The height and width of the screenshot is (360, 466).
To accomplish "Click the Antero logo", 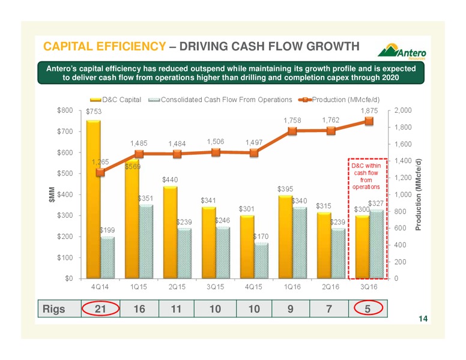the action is pyautogui.click(x=402, y=52).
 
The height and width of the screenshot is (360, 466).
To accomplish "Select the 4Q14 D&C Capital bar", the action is pyautogui.click(x=93, y=199).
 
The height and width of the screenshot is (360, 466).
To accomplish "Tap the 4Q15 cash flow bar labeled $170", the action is pyautogui.click(x=261, y=260).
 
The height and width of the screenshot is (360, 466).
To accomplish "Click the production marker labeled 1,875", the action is pyautogui.click(x=369, y=121).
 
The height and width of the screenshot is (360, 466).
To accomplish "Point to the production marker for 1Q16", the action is pyautogui.click(x=292, y=131).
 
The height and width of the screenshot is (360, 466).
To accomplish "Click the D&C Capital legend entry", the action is pyautogui.click(x=116, y=100).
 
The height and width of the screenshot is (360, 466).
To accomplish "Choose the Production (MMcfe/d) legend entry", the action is pyautogui.click(x=339, y=100).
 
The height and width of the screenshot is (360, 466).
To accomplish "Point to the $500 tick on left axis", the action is pyautogui.click(x=65, y=173).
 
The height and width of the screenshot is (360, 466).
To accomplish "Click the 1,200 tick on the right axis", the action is pyautogui.click(x=403, y=178).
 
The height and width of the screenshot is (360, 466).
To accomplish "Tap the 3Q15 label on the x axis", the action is pyautogui.click(x=215, y=287).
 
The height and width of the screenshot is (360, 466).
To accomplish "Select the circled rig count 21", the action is pyautogui.click(x=100, y=308).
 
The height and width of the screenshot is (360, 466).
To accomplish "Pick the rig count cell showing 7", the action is pyautogui.click(x=329, y=309).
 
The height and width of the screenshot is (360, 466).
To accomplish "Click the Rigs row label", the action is pyautogui.click(x=53, y=309).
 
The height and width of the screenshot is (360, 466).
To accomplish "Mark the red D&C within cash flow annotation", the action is pyautogui.click(x=366, y=176).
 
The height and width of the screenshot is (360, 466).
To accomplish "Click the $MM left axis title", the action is pyautogui.click(x=52, y=194).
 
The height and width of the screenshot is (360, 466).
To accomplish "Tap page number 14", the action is pyautogui.click(x=423, y=319).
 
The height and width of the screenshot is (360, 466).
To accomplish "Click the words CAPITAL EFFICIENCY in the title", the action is pyautogui.click(x=104, y=46).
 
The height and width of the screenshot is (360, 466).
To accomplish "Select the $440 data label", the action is pyautogui.click(x=170, y=180).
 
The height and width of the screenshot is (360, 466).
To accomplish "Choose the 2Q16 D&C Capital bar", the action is pyautogui.click(x=324, y=245).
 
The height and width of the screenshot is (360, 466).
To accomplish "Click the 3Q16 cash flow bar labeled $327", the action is pyautogui.click(x=377, y=244).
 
